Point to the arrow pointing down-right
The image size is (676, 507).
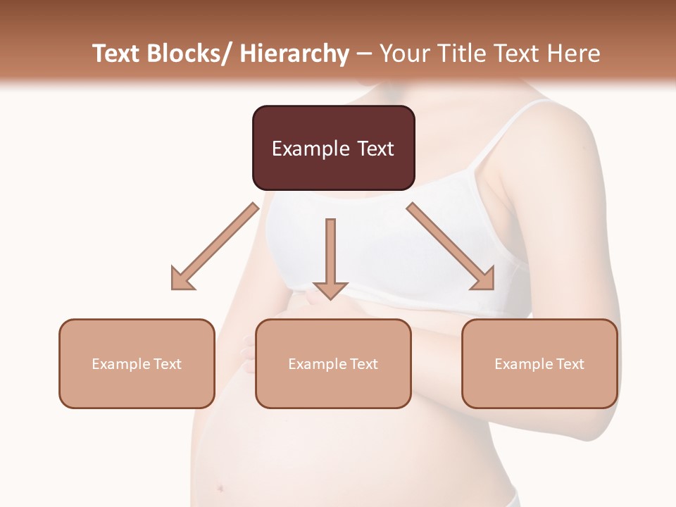[x=451, y=246]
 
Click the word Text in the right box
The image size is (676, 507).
[x=569, y=364]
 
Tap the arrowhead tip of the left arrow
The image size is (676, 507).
[x=173, y=288]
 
